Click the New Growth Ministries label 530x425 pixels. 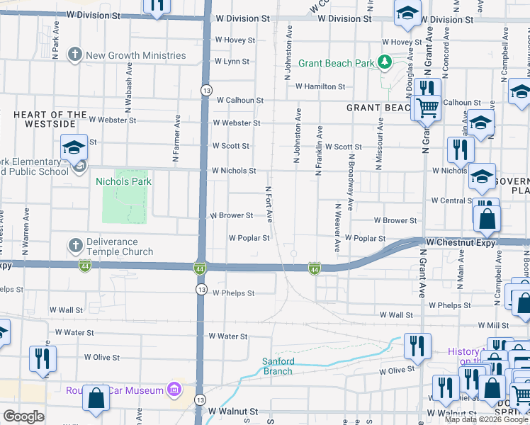pyautogui.click(x=136, y=55)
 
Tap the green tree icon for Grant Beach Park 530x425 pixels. pyautogui.click(x=384, y=63)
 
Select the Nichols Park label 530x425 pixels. pyautogui.click(x=124, y=181)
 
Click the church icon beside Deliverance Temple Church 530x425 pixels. pyautogui.click(x=75, y=246)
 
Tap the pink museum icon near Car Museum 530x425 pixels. pyautogui.click(x=173, y=389)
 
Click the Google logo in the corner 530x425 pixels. pyautogui.click(x=23, y=416)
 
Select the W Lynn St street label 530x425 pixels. pyautogui.click(x=232, y=62)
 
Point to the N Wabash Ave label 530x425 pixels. pyautogui.click(x=128, y=89)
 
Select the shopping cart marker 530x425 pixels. pyautogui.click(x=427, y=108)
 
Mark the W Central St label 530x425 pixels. pyautogui.click(x=449, y=200)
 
